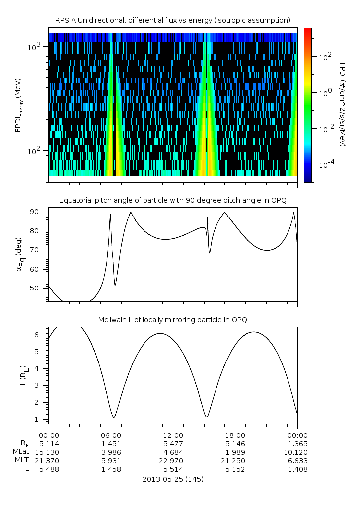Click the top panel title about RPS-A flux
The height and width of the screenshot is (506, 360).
point(173,20)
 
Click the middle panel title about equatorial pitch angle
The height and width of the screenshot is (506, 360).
point(173,200)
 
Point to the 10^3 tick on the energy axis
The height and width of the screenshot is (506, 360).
point(36,47)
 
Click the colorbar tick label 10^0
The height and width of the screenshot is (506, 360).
point(325,93)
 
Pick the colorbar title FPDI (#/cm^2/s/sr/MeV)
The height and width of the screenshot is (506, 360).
point(342,104)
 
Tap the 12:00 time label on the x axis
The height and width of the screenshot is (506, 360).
point(173,435)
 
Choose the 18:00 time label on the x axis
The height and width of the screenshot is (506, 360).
point(235,435)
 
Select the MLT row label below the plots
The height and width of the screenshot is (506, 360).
point(22,460)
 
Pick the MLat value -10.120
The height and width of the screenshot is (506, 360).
point(297,452)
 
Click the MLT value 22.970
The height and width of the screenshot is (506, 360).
point(173,460)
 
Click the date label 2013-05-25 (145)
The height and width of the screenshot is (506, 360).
point(173,480)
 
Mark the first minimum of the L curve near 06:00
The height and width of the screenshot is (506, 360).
point(114,417)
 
